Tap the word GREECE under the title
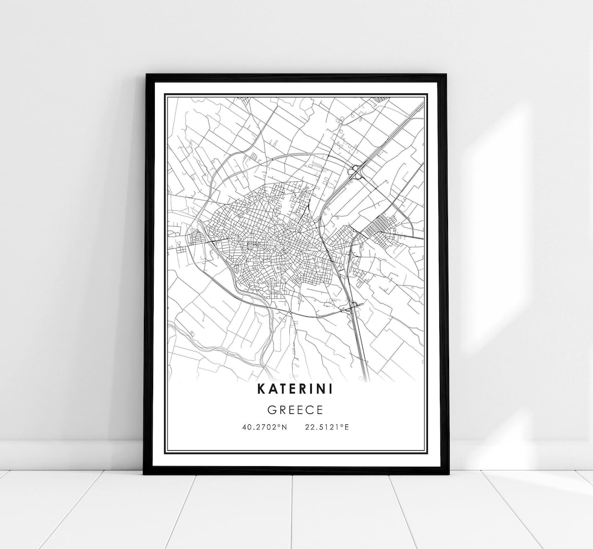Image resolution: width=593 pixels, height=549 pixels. tap(296, 410)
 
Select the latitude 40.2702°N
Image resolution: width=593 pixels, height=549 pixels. tap(264, 427)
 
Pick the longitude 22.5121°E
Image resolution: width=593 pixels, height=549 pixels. tap(326, 427)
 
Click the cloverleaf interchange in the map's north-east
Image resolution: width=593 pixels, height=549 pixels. tap(356, 172)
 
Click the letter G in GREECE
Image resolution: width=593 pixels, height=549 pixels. tap(272, 410)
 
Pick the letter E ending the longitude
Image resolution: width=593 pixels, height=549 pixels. tap(346, 427)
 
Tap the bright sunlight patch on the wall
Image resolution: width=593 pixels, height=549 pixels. tap(494, 220)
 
